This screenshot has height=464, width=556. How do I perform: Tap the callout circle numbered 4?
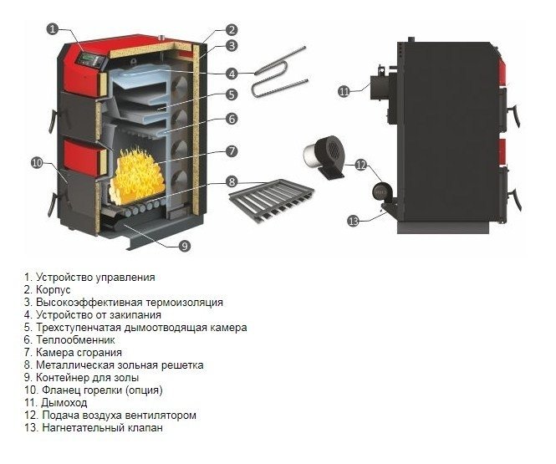pos(232,73)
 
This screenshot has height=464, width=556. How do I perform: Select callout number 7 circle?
pos(232,150)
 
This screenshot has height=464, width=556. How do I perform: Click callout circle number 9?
pos(185,246)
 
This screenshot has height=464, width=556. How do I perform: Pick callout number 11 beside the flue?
pos(344,91)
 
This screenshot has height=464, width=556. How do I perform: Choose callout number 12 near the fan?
pos(361,165)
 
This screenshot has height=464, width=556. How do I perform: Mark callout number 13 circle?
pos(353,221)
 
